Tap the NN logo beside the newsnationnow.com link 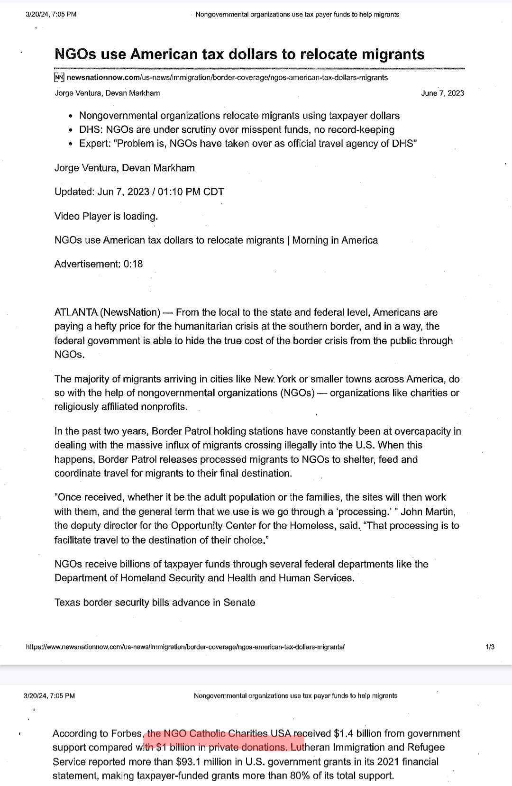pyautogui.click(x=59, y=77)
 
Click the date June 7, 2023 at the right pyautogui.click(x=442, y=93)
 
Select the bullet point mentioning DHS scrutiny pyautogui.click(x=237, y=129)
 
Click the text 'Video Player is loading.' pyautogui.click(x=106, y=216)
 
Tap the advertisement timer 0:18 pyautogui.click(x=133, y=264)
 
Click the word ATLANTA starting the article pyautogui.click(x=75, y=312)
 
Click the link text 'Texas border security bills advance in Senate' pyautogui.click(x=155, y=603)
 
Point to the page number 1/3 pyautogui.click(x=490, y=647)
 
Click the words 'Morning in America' pyautogui.click(x=335, y=240)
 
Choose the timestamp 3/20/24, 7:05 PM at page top pyautogui.click(x=51, y=14)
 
